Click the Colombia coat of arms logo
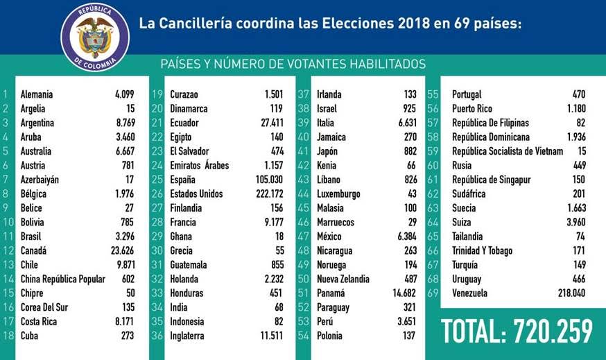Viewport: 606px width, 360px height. [95, 37]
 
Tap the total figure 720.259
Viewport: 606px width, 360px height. [553, 332]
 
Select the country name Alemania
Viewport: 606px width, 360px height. [37, 94]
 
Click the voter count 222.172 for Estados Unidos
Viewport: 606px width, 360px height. [270, 194]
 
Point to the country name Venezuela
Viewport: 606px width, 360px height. [469, 293]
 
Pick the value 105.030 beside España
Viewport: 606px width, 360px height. [270, 180]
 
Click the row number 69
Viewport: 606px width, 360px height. [433, 293]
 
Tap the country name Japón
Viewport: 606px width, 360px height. [327, 151]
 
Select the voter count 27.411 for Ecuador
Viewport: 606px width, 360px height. [272, 123]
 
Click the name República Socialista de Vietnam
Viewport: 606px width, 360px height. [508, 151]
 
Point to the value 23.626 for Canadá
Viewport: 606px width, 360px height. [123, 250]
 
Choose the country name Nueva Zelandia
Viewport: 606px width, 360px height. [343, 279]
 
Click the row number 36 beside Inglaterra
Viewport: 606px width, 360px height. [157, 336]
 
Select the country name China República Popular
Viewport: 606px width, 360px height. [63, 279]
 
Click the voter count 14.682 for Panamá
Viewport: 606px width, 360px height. [404, 293]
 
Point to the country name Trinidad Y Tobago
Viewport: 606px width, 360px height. [483, 250]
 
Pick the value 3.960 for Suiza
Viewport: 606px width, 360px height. [576, 223]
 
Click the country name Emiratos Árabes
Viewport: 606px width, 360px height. [200, 165]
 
